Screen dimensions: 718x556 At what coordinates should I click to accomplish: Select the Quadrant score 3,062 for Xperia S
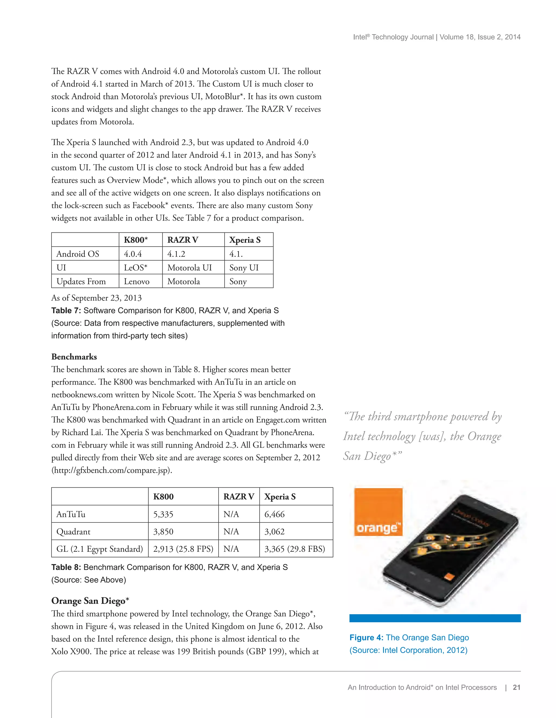click(x=274, y=532)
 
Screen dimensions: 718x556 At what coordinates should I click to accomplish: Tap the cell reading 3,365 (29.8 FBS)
click(x=295, y=549)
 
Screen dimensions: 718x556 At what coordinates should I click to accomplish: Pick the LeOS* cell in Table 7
click(x=135, y=267)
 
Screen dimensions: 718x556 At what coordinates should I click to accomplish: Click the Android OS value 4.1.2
click(x=176, y=254)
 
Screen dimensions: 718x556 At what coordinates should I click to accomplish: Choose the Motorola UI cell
click(x=189, y=267)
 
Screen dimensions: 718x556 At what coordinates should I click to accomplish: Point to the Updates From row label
click(x=81, y=281)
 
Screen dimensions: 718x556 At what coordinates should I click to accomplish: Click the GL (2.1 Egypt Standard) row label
click(x=100, y=549)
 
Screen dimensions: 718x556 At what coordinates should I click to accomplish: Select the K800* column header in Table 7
click(x=136, y=240)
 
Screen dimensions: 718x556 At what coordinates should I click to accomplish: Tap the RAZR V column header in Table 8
click(x=239, y=497)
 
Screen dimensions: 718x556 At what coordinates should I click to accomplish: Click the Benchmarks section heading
click(x=74, y=357)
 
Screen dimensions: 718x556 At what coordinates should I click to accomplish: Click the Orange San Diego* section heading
click(x=90, y=601)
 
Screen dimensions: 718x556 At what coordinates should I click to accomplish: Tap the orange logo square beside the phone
click(x=378, y=512)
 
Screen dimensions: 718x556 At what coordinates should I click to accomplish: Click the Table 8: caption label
click(x=66, y=568)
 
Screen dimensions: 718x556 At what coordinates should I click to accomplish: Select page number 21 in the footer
click(x=517, y=687)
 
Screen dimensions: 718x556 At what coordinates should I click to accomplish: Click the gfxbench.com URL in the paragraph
click(x=112, y=470)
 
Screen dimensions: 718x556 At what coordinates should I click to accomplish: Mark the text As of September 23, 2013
click(x=96, y=298)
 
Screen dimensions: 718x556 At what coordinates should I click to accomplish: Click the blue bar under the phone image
click(x=435, y=618)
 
